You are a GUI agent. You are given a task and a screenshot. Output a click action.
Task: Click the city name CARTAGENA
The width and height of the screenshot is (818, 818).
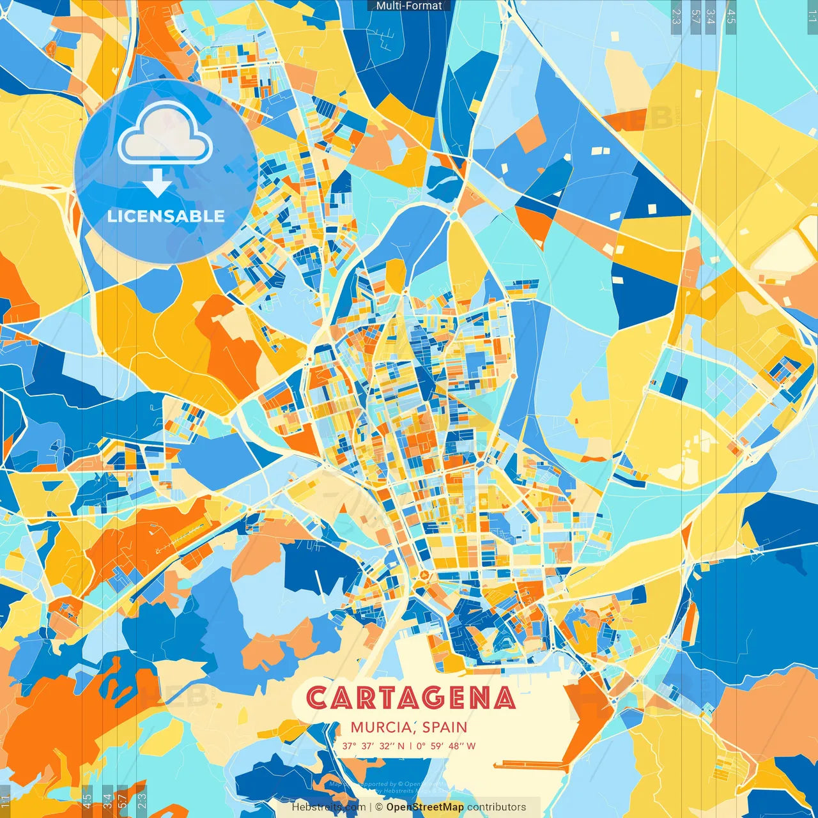410,698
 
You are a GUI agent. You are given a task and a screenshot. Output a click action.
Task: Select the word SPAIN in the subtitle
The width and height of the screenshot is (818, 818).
444,727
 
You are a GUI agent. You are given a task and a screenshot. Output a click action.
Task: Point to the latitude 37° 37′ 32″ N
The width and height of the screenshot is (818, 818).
373,746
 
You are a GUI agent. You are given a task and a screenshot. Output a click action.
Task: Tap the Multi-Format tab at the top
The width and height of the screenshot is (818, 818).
409,6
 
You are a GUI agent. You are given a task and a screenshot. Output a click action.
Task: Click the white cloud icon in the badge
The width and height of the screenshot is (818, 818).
165,134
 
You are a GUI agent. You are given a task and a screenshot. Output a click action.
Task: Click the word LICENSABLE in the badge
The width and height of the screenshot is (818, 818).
166,216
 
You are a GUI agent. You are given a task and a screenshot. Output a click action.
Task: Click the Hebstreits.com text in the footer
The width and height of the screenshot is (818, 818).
328,807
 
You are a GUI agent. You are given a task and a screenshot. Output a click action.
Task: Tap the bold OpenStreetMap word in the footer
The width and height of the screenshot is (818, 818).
425,807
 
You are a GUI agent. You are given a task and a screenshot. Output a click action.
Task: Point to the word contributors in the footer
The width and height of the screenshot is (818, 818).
497,807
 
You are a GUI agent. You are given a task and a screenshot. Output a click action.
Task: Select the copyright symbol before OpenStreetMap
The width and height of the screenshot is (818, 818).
379,807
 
